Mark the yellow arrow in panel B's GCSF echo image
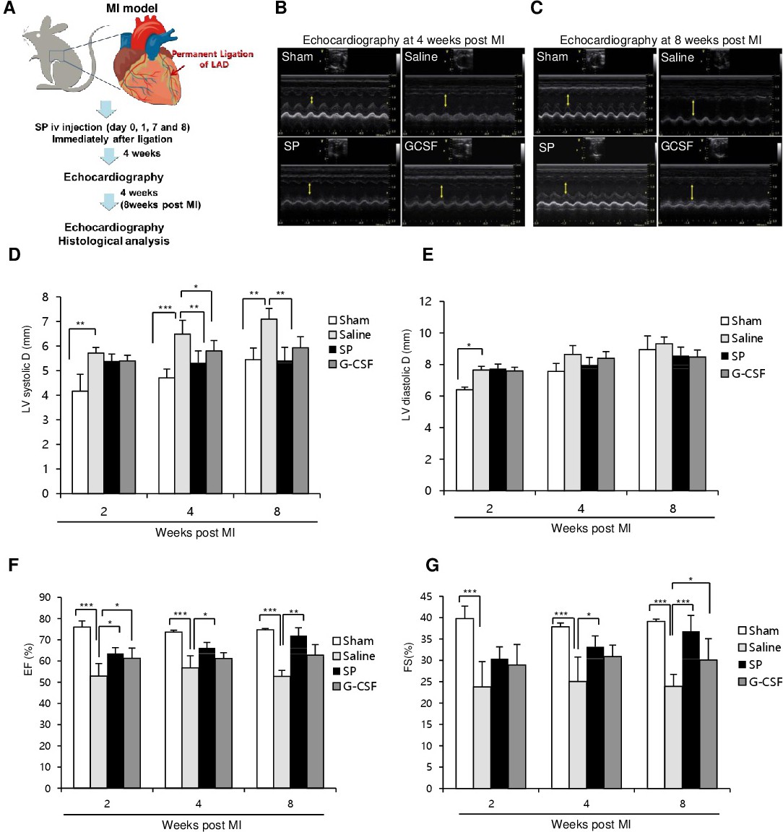442,191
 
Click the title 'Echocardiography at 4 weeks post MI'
403,40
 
